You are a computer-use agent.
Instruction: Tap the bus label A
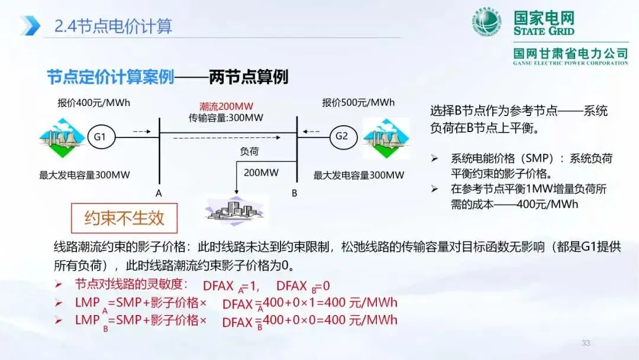click(159, 193)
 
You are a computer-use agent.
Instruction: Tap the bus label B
click(294, 193)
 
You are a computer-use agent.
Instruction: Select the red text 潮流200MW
click(226, 107)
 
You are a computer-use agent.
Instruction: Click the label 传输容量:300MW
click(226, 118)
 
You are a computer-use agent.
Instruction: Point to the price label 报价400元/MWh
click(93, 103)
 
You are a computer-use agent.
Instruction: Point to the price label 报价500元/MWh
click(358, 102)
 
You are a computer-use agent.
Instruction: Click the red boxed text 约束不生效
click(124, 218)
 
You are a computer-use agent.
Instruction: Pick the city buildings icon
click(235, 211)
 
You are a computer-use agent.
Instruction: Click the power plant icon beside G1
click(62, 138)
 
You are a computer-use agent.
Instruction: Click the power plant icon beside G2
click(386, 138)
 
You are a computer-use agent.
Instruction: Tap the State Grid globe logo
click(486, 22)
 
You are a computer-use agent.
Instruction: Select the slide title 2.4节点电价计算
click(113, 27)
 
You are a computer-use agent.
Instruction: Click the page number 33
click(586, 343)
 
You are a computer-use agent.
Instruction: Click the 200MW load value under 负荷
click(262, 173)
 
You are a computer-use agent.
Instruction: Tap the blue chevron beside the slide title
click(30, 25)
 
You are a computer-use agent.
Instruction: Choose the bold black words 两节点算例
click(248, 77)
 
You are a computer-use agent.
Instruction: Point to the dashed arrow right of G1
click(142, 131)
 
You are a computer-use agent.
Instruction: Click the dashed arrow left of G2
click(311, 131)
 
